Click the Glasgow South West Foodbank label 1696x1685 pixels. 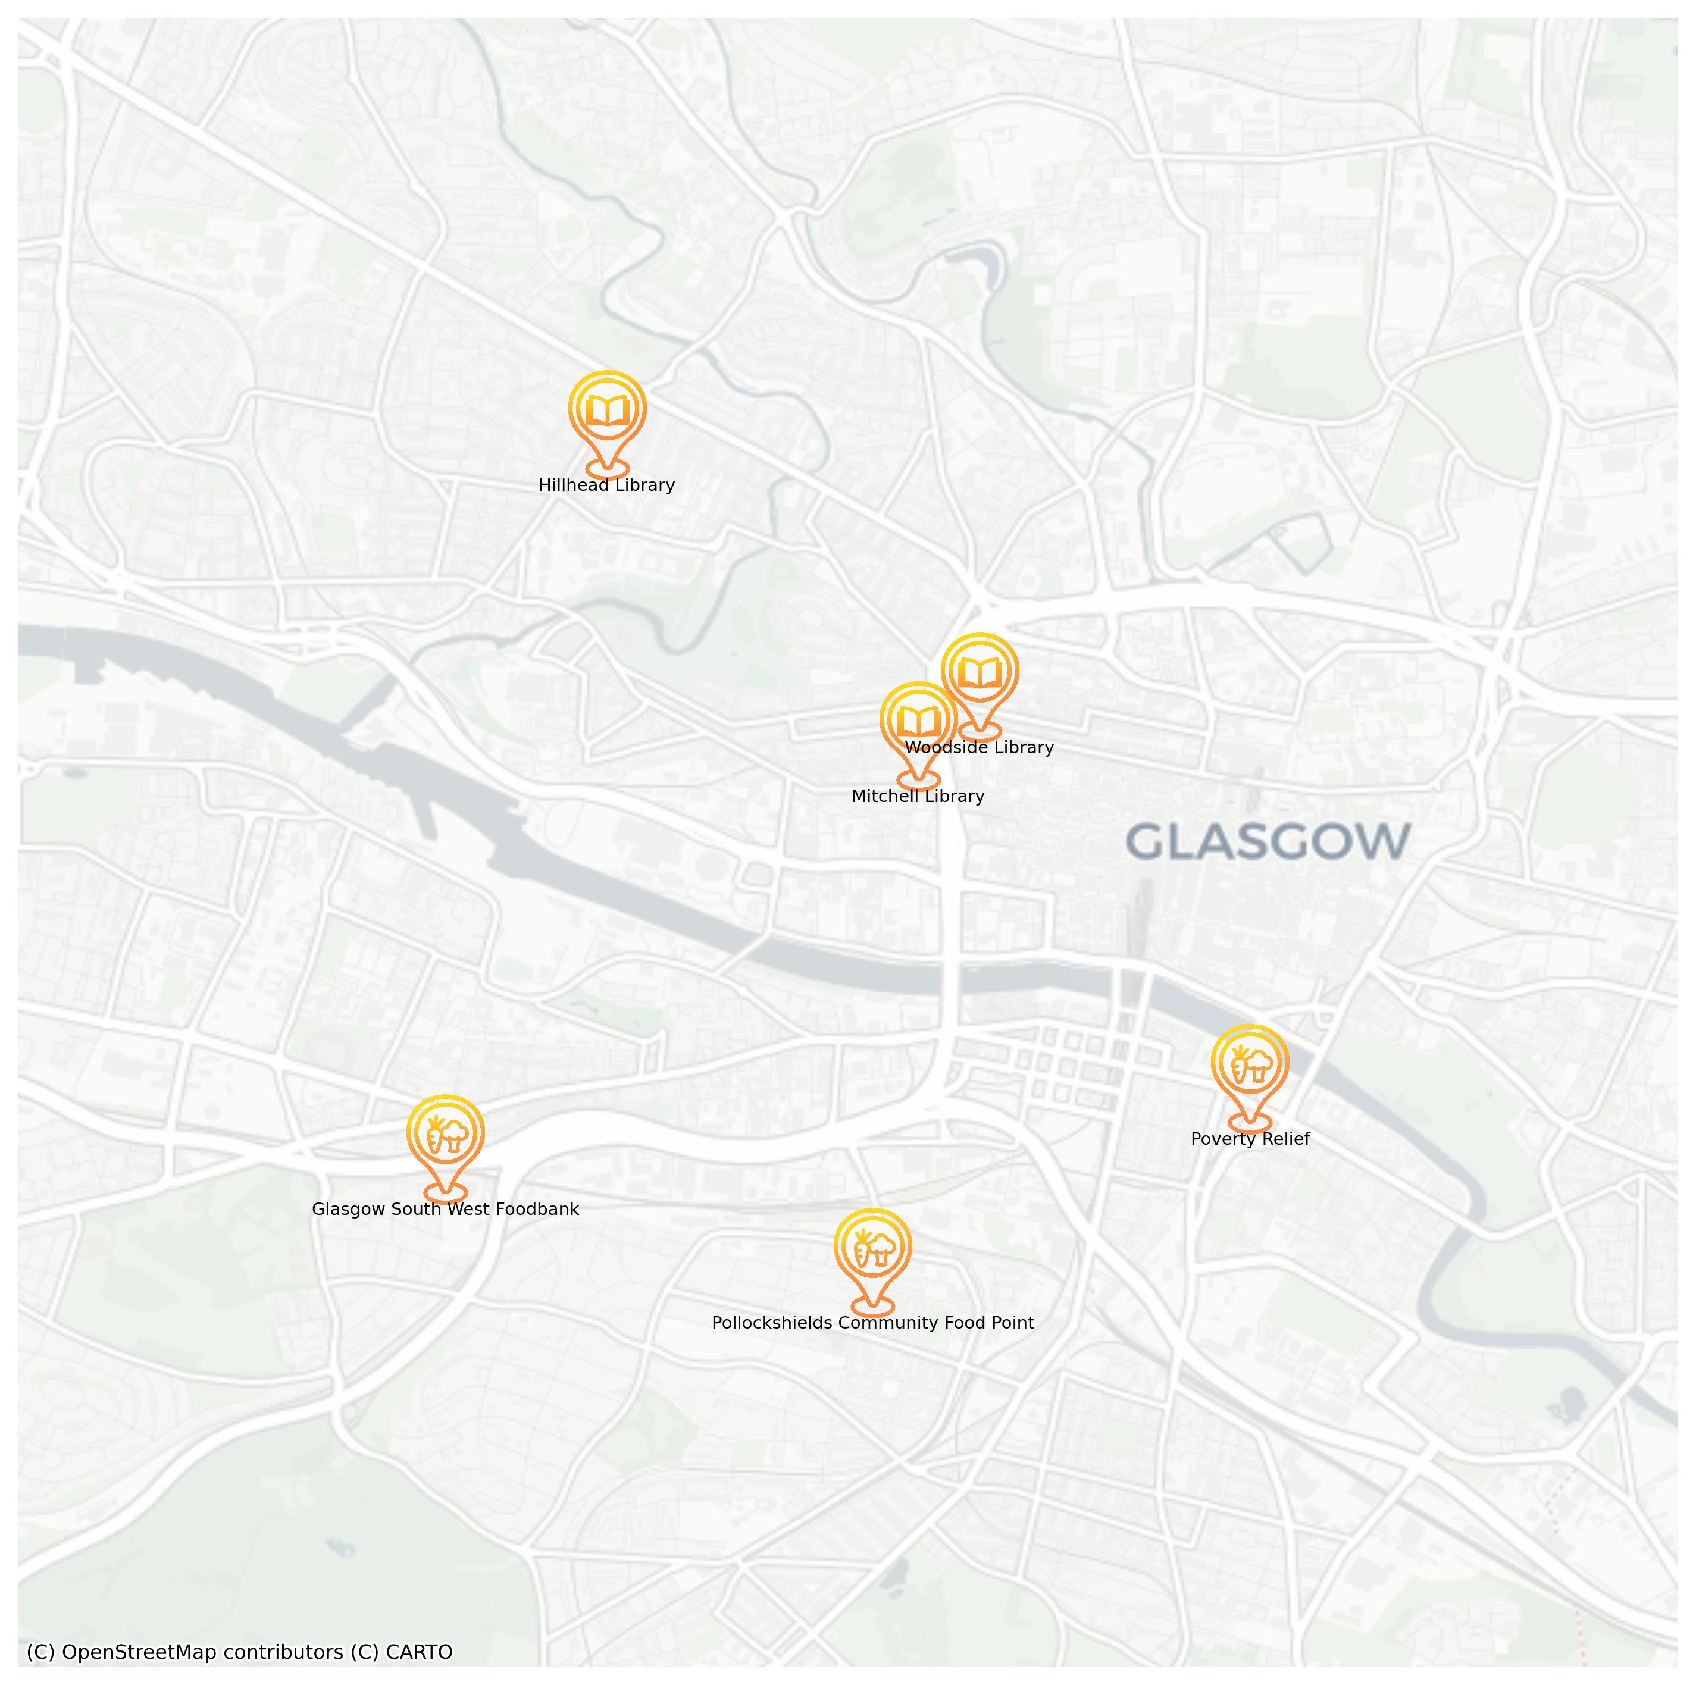[445, 1210]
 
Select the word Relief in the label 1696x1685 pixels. [1285, 1139]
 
